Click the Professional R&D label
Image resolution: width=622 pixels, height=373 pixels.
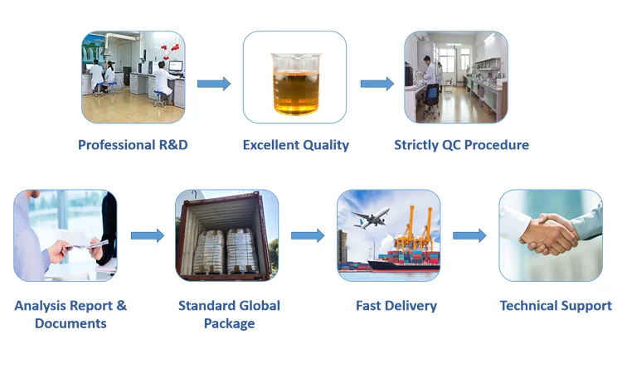click(133, 145)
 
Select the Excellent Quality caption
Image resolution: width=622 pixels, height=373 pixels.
click(296, 145)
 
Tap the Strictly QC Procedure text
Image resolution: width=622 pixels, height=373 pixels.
click(461, 145)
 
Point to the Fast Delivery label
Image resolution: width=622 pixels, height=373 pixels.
click(396, 306)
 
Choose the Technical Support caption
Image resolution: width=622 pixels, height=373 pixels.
click(556, 306)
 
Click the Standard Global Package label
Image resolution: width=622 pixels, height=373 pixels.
click(229, 314)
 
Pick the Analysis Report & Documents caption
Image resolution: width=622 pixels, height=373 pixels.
click(70, 314)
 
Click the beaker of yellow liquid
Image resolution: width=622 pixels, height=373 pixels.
click(294, 84)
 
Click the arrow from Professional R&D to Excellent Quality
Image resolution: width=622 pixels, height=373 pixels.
click(214, 84)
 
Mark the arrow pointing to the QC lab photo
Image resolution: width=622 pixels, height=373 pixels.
click(377, 84)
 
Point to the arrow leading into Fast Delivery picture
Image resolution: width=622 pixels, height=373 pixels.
click(308, 235)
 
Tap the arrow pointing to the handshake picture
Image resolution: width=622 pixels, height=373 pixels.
click(469, 235)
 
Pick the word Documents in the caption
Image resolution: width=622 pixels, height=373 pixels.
click(70, 323)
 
